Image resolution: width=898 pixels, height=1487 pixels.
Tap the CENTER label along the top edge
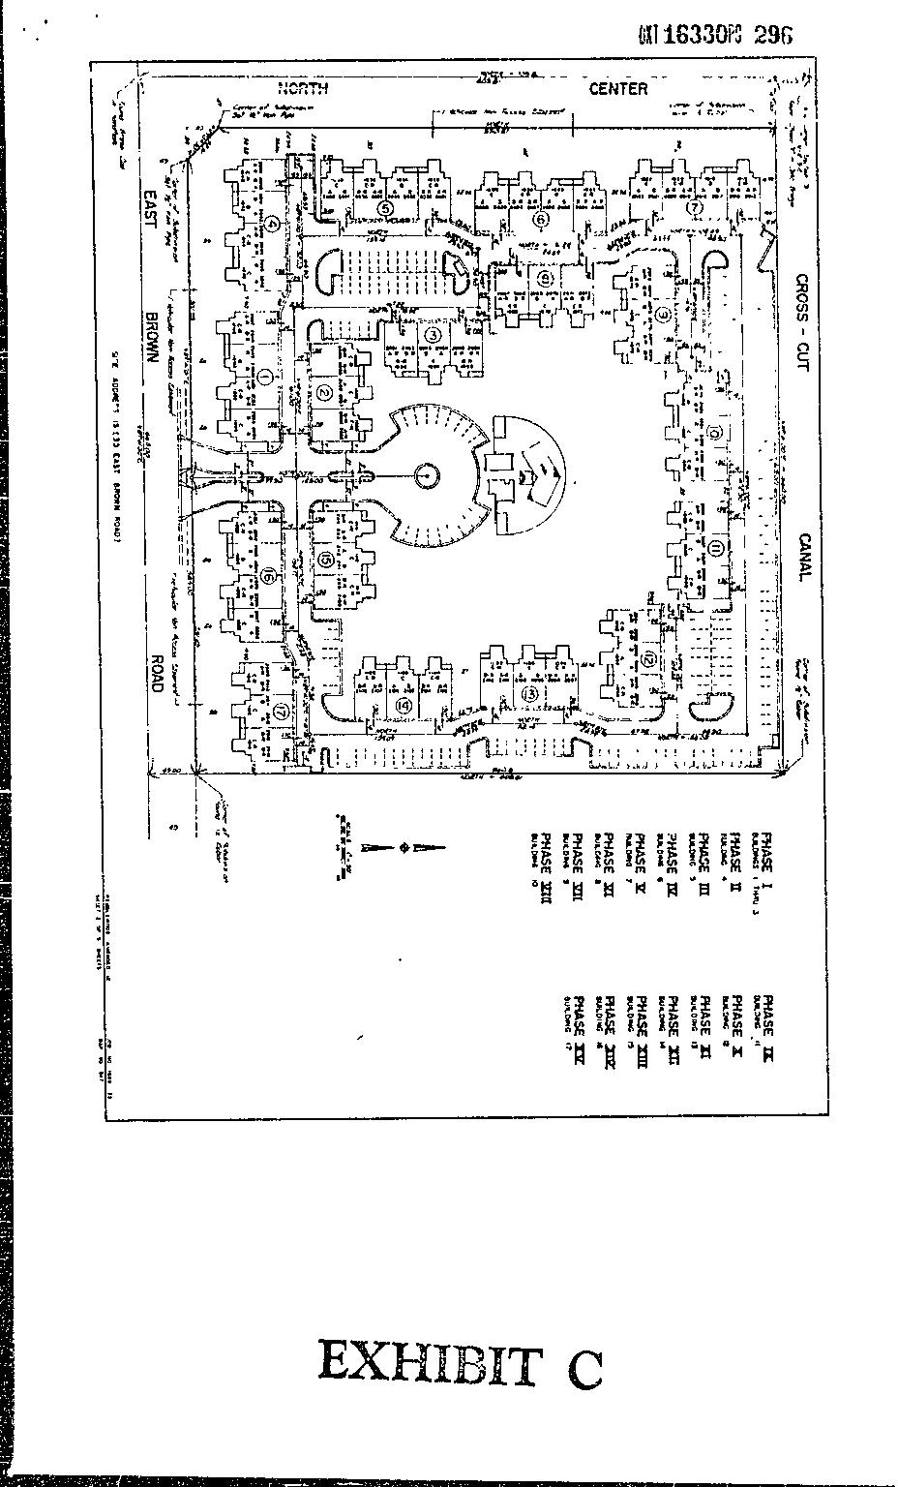click(618, 89)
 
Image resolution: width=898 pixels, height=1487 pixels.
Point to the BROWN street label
click(152, 337)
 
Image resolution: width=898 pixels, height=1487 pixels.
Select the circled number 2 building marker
click(324, 392)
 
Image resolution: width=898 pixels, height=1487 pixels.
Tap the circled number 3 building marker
click(434, 335)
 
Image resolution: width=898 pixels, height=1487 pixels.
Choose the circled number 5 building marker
click(385, 207)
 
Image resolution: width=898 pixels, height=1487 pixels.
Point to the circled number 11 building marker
click(715, 549)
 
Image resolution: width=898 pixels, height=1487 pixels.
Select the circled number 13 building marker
click(529, 694)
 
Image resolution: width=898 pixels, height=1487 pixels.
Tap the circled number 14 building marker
click(404, 707)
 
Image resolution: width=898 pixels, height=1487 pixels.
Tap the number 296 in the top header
click(773, 35)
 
